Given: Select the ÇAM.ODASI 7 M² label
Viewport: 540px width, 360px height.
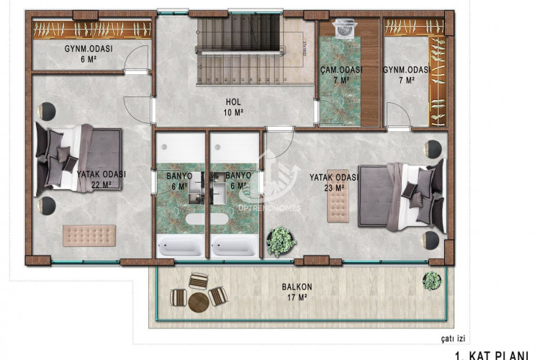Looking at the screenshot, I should (x=341, y=75).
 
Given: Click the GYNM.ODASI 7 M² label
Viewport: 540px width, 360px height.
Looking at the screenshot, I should (x=406, y=75).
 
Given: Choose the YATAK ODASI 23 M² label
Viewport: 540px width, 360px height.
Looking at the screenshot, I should (x=333, y=182).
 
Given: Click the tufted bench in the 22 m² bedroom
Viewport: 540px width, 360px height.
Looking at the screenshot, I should (x=89, y=235).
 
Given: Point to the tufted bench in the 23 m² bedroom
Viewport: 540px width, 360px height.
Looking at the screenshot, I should (x=337, y=207).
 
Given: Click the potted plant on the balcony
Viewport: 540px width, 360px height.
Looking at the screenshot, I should (x=432, y=280).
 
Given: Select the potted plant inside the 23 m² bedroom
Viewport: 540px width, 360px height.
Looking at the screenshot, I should (x=280, y=241).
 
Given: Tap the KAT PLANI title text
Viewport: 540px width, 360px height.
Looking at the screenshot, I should (x=497, y=355).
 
